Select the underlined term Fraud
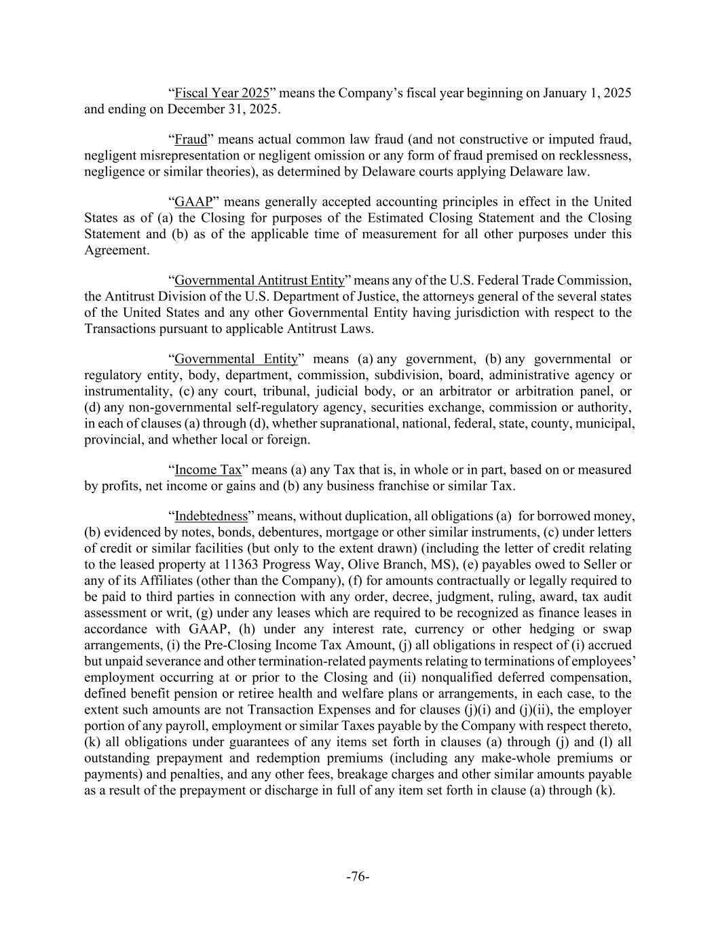point(191,140)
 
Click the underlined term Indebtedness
point(211,516)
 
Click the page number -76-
point(358,876)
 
